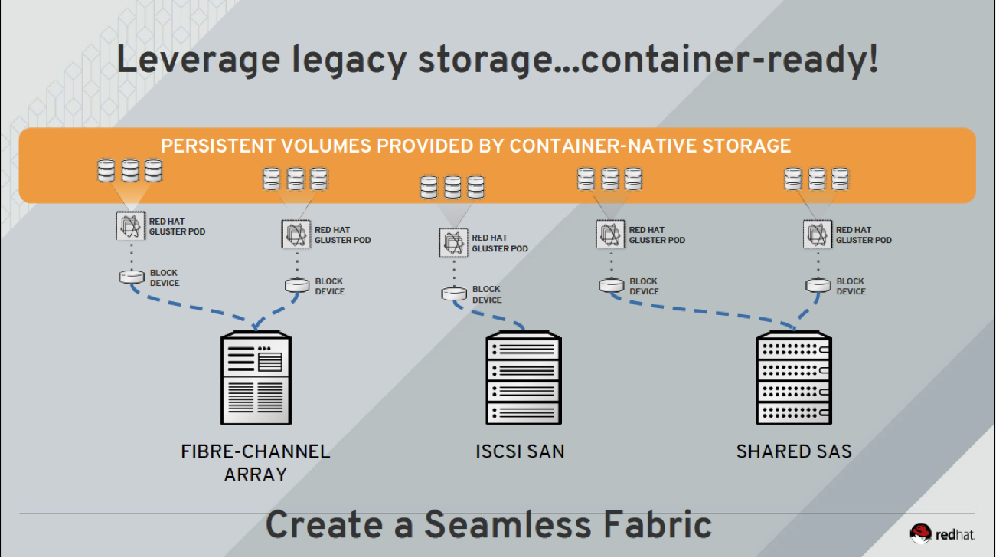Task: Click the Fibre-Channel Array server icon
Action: (255, 377)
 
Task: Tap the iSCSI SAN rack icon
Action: (524, 379)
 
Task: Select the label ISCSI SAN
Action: (520, 451)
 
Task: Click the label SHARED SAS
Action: (794, 451)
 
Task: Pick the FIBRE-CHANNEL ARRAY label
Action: (255, 462)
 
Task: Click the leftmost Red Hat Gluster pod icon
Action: (131, 226)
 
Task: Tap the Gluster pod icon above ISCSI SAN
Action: (454, 242)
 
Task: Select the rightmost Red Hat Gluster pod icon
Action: (818, 234)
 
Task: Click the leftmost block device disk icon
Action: (132, 277)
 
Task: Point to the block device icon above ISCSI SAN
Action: (454, 294)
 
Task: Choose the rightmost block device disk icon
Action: (818, 286)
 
